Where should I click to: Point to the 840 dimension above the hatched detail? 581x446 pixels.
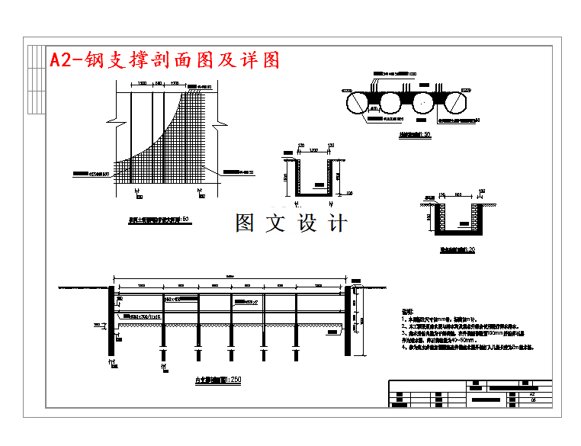(159, 83)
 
